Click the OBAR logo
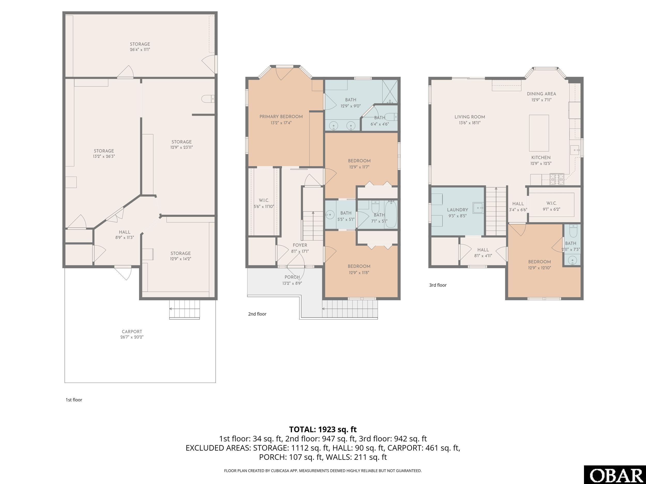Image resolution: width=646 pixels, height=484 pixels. pyautogui.click(x=615, y=475)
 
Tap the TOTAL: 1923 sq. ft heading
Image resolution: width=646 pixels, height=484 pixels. pyautogui.click(x=323, y=430)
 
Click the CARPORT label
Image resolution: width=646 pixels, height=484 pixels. pyautogui.click(x=132, y=331)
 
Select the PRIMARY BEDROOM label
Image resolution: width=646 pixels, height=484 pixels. pyautogui.click(x=281, y=117)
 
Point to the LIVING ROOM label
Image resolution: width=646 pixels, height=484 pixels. pyautogui.click(x=470, y=117)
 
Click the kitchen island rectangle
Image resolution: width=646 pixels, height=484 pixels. pyautogui.click(x=539, y=133)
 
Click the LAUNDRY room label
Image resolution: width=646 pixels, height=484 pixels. pyautogui.click(x=457, y=210)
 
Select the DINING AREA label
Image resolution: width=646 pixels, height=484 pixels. pyautogui.click(x=541, y=94)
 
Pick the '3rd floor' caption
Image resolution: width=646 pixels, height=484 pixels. pyautogui.click(x=438, y=285)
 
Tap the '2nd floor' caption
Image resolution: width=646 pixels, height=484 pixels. pyautogui.click(x=257, y=314)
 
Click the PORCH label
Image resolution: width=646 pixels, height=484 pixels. pyautogui.click(x=292, y=277)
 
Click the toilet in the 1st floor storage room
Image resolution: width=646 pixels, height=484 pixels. pyautogui.click(x=208, y=99)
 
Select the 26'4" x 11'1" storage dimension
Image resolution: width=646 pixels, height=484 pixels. pyautogui.click(x=140, y=50)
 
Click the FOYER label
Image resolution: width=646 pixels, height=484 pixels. pyautogui.click(x=300, y=245)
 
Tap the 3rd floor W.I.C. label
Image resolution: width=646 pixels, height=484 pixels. pyautogui.click(x=551, y=203)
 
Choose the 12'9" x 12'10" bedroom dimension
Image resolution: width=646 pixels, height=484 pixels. pyautogui.click(x=539, y=268)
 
